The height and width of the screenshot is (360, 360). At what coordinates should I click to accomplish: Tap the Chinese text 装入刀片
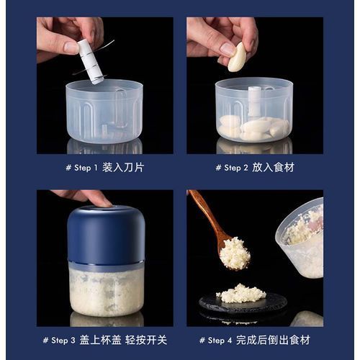point(123,167)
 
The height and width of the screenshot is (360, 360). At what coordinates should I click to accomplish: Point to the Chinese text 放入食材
point(273,167)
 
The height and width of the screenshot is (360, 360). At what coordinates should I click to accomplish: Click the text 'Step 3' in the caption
point(63,340)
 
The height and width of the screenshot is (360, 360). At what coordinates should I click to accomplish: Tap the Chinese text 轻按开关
point(146,340)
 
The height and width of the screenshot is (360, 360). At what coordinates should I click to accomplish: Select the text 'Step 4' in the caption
point(220,340)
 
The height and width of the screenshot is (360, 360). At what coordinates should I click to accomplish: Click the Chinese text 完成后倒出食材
point(273,340)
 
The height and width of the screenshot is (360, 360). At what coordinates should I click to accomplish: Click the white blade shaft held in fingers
point(91,62)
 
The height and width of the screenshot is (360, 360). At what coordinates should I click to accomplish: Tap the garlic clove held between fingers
point(237,57)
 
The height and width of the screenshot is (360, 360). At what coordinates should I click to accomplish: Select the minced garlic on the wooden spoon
point(235,253)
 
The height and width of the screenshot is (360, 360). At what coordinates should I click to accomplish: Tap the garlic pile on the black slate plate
point(241,293)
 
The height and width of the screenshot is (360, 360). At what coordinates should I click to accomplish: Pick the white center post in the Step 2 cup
point(254,102)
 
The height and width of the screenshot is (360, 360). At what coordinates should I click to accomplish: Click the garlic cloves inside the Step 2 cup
point(254,127)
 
